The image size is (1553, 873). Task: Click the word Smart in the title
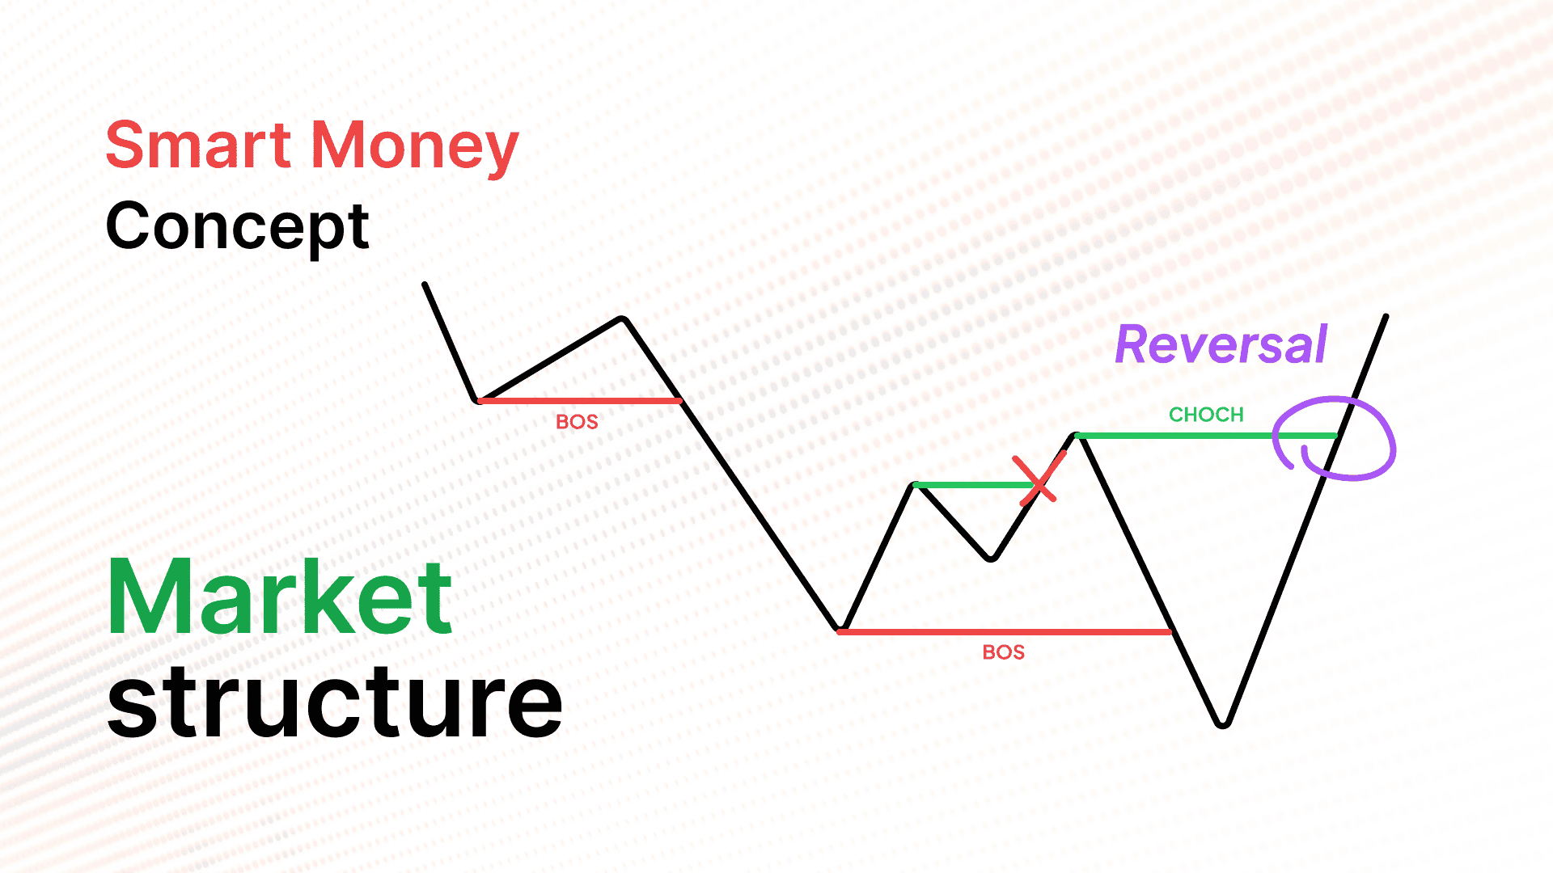coord(198,145)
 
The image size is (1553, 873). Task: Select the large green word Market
coord(280,598)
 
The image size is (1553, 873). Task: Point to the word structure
coord(335,700)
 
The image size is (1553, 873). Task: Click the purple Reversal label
coord(1221,344)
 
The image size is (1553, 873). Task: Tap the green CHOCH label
coord(1206,415)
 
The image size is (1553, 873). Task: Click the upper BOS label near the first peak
coord(577,422)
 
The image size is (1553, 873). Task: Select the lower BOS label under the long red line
coord(1004,652)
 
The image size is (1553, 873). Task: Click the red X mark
coord(1039,480)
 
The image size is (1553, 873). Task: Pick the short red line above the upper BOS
coord(580,400)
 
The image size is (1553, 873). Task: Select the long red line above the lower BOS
coord(1005,631)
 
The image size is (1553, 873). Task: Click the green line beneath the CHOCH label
coord(1206,436)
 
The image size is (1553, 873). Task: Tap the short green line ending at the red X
coord(976,485)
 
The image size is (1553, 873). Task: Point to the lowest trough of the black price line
coord(1223,724)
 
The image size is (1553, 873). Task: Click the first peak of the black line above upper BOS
coord(623,319)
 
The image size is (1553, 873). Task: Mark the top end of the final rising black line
coord(1386,316)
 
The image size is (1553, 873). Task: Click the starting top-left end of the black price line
coord(425,284)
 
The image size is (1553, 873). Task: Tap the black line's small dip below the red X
coord(991,558)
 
